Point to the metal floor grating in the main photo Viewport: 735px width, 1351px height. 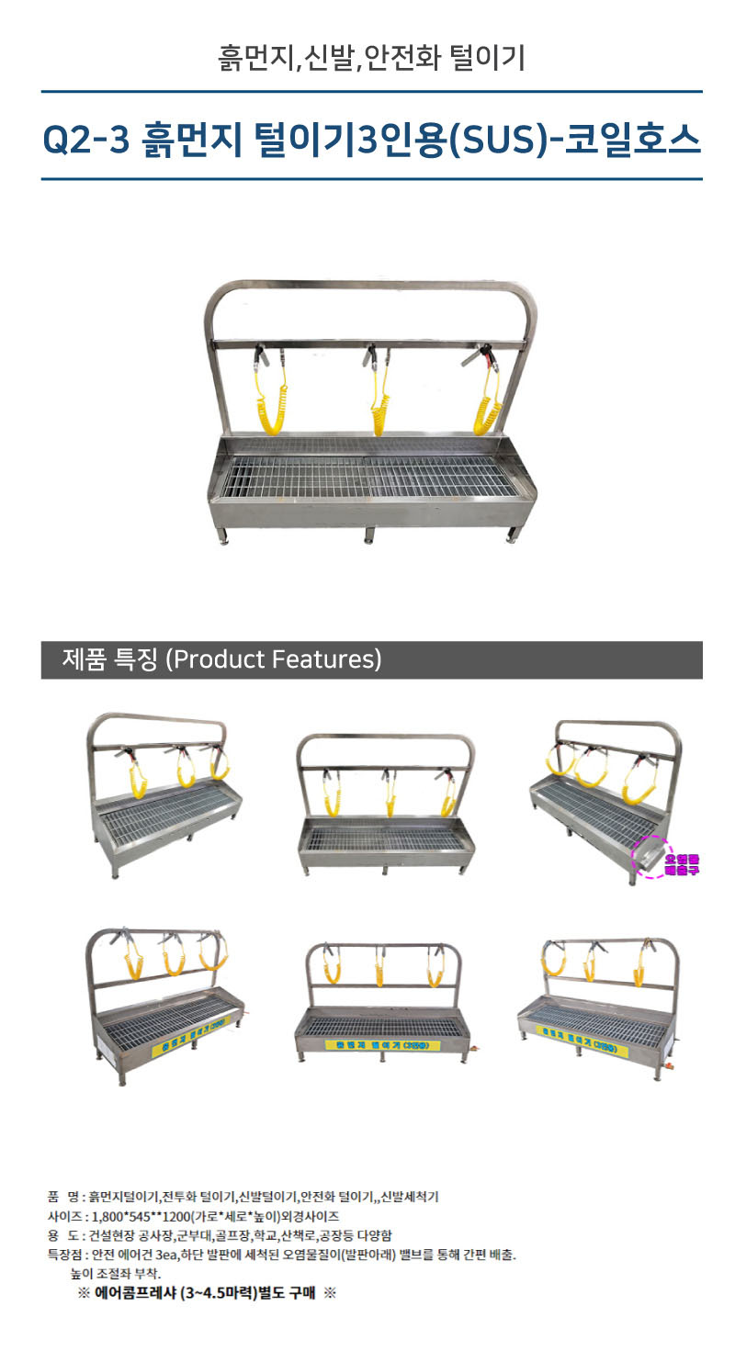tap(367, 477)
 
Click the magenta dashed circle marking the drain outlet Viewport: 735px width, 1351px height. tap(654, 855)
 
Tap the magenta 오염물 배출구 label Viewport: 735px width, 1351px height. tap(682, 863)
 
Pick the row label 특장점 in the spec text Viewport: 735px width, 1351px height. tap(65, 1254)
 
